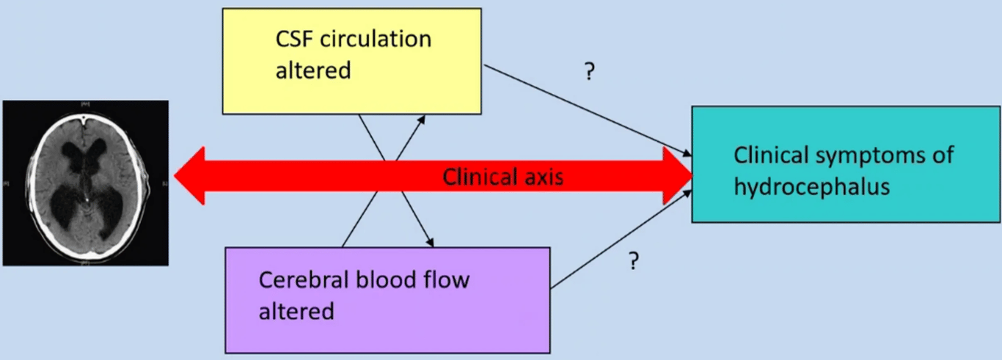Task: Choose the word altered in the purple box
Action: pyautogui.click(x=296, y=311)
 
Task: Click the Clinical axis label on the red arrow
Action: pyautogui.click(x=502, y=177)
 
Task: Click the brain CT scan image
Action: pyautogui.click(x=86, y=183)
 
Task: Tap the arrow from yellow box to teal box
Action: pyautogui.click(x=587, y=111)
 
